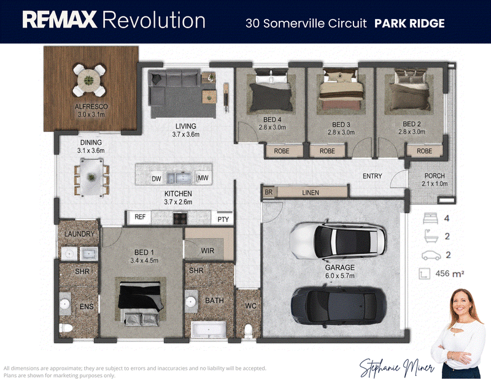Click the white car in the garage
[x=338, y=240]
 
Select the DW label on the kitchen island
[x=157, y=178]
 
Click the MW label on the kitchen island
[x=203, y=178]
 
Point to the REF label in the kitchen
[x=140, y=216]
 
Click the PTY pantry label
[x=223, y=220]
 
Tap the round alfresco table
[x=89, y=80]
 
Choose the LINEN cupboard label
[x=311, y=193]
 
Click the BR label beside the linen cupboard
[x=269, y=192]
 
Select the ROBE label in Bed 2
[x=424, y=151]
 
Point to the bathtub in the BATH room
[x=209, y=329]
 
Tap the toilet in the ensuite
[x=66, y=327]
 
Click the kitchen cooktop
[x=180, y=218]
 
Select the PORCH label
[x=435, y=176]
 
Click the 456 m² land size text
[x=450, y=274]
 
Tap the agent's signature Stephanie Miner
[x=396, y=367]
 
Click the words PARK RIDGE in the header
[x=409, y=23]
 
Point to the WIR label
[x=207, y=251]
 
